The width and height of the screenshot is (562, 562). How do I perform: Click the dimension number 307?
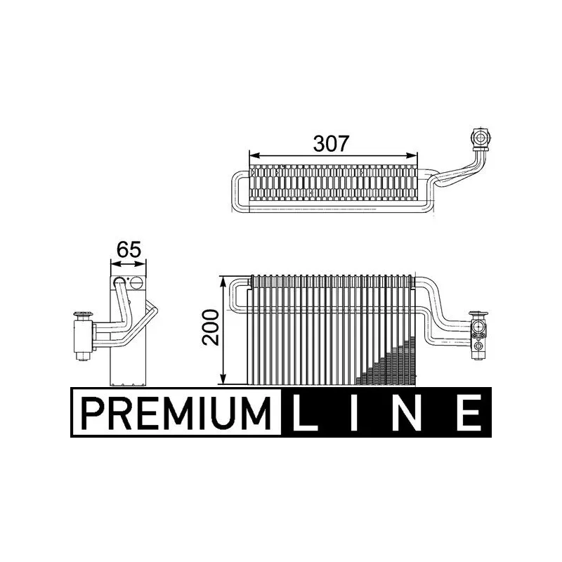point(331,143)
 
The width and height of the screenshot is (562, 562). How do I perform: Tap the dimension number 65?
point(129,249)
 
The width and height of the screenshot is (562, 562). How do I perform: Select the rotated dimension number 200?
point(210,327)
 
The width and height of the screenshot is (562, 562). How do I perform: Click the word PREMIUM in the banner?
point(176,412)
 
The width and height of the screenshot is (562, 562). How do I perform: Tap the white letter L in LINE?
point(304,412)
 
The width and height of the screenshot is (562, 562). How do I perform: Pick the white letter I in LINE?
point(354,412)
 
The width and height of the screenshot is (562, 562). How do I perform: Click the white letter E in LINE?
point(469,412)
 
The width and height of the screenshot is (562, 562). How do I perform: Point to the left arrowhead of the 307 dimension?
point(254,155)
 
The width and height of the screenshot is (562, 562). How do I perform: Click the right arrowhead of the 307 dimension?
point(412,155)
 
